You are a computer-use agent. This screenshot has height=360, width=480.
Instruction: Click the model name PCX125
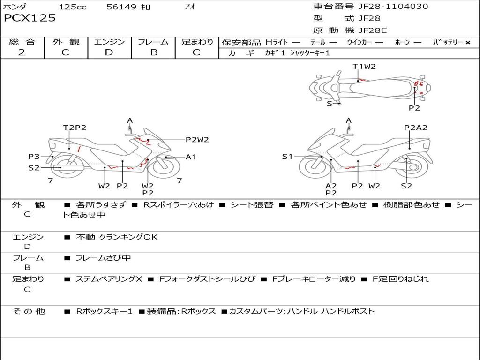(x=30, y=18)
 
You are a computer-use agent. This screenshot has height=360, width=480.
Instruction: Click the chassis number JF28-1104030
(x=387, y=7)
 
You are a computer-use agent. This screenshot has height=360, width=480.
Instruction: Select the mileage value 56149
(x=121, y=7)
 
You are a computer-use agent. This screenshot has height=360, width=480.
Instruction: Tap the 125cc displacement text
(x=73, y=7)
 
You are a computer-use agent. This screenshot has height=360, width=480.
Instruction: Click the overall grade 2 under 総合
(x=22, y=52)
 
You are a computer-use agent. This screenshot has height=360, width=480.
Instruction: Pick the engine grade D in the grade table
(x=109, y=52)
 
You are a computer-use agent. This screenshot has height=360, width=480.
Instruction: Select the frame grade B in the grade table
(x=153, y=52)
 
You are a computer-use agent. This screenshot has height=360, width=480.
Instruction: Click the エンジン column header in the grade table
(x=109, y=42)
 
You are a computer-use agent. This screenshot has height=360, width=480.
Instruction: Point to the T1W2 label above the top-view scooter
(x=364, y=67)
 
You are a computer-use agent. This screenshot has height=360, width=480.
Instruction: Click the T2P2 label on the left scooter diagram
(x=75, y=127)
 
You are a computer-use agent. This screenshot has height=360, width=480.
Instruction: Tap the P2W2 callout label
(x=197, y=139)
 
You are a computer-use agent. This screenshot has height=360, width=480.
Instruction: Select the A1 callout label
(x=191, y=157)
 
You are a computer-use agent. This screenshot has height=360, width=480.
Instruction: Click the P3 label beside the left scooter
(x=34, y=157)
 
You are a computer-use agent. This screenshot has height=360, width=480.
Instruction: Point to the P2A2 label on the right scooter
(x=416, y=127)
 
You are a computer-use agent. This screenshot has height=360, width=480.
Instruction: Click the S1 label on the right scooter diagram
(x=287, y=157)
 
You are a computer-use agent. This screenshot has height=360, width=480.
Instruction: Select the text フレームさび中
(x=103, y=258)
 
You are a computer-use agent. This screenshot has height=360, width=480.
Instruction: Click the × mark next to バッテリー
(x=467, y=43)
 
